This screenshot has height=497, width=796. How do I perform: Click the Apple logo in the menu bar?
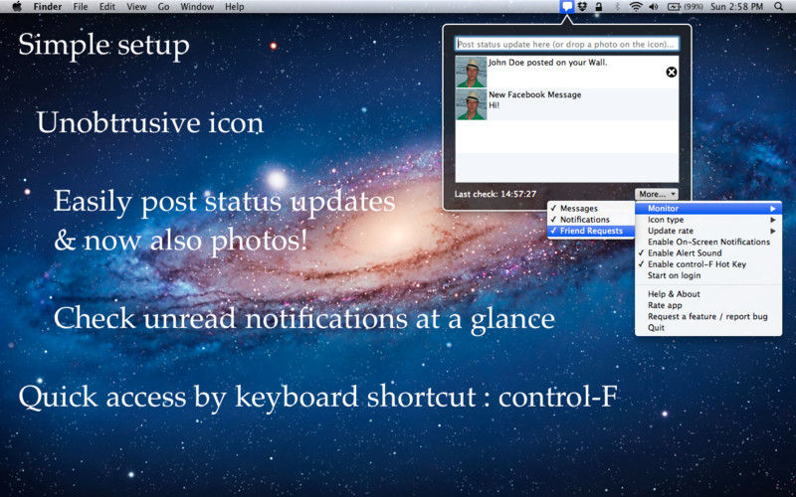[17, 7]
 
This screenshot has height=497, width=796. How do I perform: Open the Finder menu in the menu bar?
[48, 7]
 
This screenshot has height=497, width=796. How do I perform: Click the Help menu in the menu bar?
[235, 7]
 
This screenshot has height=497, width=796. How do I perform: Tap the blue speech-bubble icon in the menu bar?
[567, 7]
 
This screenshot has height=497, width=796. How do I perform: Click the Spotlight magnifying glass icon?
[779, 7]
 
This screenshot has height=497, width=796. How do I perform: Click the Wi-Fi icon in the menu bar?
[636, 7]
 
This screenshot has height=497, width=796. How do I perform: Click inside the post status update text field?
[566, 44]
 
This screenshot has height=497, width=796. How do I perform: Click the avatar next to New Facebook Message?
[471, 105]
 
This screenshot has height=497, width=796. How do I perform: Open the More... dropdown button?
[656, 194]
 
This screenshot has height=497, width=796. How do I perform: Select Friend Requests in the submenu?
[591, 231]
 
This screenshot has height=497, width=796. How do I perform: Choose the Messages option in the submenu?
[579, 209]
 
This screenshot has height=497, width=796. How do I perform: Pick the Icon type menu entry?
[666, 220]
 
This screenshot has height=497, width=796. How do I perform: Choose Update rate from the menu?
[670, 231]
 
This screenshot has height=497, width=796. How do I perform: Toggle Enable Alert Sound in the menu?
[685, 253]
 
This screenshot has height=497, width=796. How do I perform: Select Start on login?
[675, 275]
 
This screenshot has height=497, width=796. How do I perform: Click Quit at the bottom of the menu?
[656, 328]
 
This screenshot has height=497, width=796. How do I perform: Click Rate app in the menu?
[665, 305]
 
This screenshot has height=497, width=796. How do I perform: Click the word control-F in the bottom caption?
[557, 397]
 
